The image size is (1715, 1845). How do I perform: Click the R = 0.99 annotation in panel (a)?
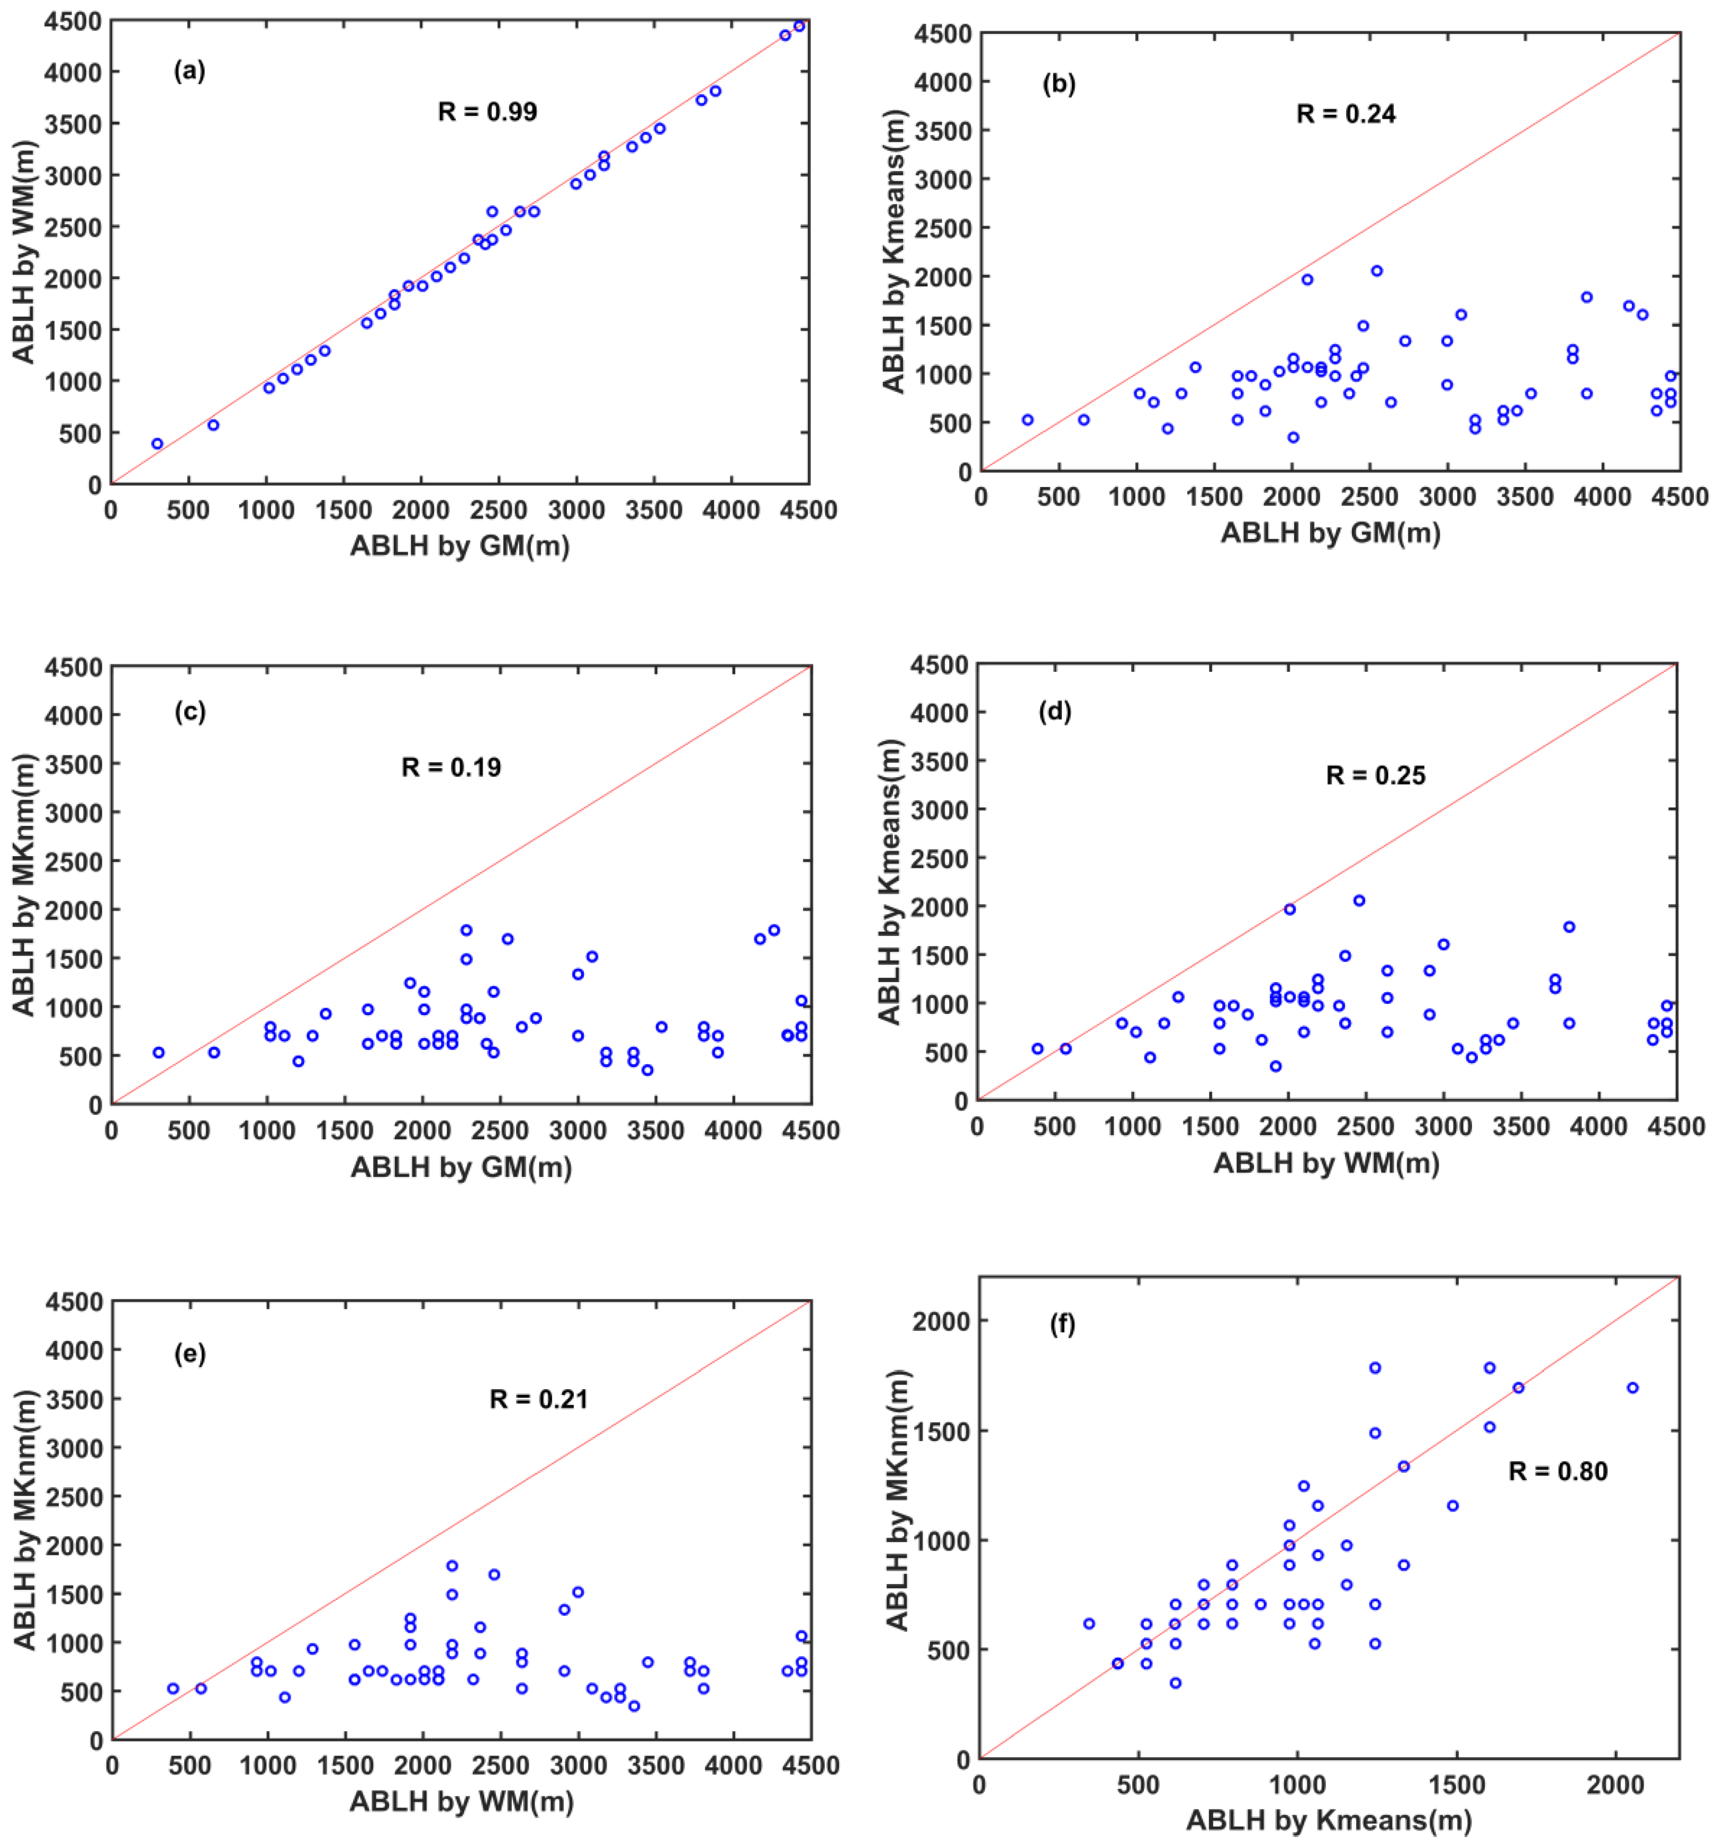coord(487,112)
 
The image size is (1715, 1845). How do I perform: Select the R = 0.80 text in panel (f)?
coord(1557,1471)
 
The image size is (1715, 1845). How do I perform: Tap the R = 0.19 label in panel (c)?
coord(451,768)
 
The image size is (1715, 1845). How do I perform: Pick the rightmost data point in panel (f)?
coord(1632,1388)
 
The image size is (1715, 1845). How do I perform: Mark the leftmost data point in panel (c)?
coord(159,1052)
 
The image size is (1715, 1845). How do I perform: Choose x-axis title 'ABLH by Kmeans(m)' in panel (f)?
coord(1329,1820)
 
